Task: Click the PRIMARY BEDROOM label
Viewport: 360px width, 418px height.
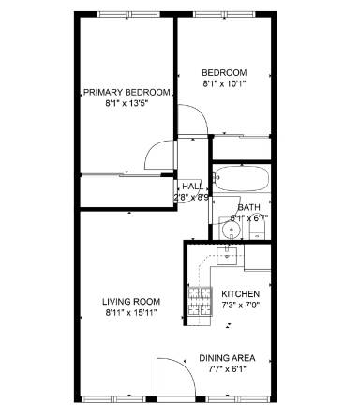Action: click(127, 92)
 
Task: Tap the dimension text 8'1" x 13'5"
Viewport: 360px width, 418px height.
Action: click(127, 104)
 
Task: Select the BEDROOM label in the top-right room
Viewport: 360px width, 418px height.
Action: click(224, 73)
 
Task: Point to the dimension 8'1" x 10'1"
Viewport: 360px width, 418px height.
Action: click(224, 85)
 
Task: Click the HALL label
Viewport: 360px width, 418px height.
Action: click(192, 186)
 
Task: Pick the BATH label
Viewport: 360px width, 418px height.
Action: click(248, 207)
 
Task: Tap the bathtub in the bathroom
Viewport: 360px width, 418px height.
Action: click(241, 178)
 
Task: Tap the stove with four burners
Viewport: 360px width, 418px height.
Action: click(200, 300)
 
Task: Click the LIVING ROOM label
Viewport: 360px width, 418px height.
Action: click(131, 301)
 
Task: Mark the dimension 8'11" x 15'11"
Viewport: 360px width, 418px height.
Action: click(131, 313)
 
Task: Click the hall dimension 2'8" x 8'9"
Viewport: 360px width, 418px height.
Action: click(192, 198)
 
